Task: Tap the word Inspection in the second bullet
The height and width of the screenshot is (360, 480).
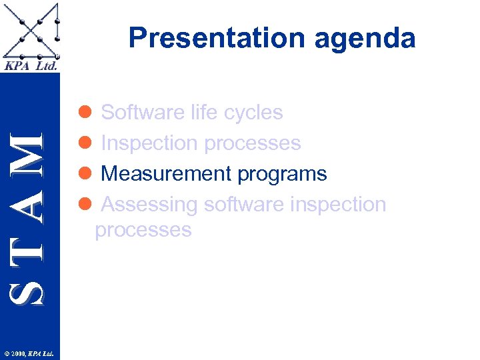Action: (x=149, y=144)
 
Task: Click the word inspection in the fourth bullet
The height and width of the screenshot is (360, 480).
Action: (x=340, y=205)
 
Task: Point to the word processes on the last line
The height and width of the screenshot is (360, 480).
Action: (x=143, y=231)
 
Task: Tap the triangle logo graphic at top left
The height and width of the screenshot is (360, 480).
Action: (x=31, y=31)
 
